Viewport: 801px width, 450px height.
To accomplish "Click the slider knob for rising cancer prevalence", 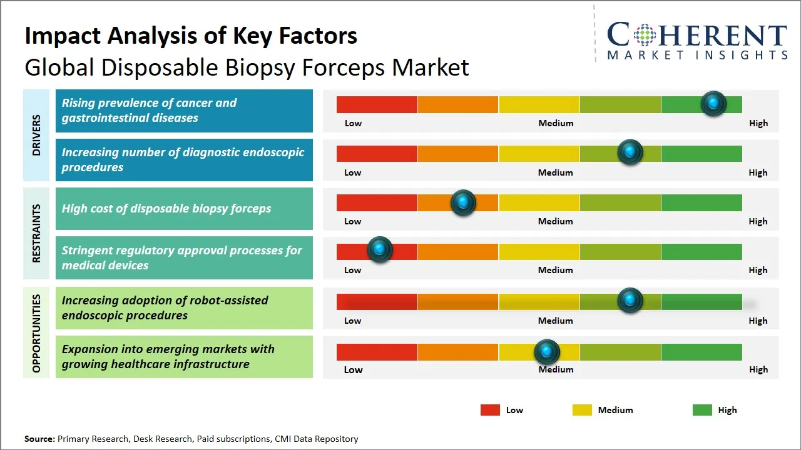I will [713, 104].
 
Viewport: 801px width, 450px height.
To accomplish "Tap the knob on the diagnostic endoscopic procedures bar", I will [630, 152].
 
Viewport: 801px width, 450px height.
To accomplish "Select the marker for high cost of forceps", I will [463, 202].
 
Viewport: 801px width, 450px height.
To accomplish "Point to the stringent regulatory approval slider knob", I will [379, 250].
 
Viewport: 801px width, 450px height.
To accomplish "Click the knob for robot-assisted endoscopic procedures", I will [630, 301].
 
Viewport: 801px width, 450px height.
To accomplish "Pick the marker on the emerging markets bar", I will [547, 352].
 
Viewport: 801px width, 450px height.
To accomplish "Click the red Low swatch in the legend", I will [490, 410].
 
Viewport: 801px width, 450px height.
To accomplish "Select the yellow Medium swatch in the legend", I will [582, 410].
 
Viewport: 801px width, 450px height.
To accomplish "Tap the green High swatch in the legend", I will [702, 410].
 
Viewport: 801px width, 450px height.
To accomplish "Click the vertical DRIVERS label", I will [36, 135].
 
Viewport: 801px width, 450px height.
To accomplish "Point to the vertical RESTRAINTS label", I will [36, 233].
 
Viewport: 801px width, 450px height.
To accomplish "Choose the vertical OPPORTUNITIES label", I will [36, 333].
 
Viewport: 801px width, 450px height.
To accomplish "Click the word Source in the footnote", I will [39, 439].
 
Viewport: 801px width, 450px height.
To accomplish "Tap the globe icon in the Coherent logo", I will [645, 34].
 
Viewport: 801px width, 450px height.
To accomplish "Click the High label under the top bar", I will [758, 123].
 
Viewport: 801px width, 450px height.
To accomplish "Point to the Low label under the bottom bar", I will [353, 369].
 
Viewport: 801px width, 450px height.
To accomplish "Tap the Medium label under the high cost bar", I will [556, 221].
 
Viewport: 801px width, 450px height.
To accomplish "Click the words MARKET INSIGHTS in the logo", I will [697, 55].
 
